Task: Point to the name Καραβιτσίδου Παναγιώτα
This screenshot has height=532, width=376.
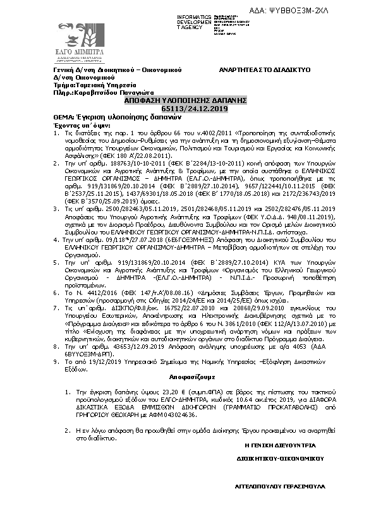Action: coord(105,92)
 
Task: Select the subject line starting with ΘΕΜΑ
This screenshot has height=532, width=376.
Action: coord(108,118)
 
